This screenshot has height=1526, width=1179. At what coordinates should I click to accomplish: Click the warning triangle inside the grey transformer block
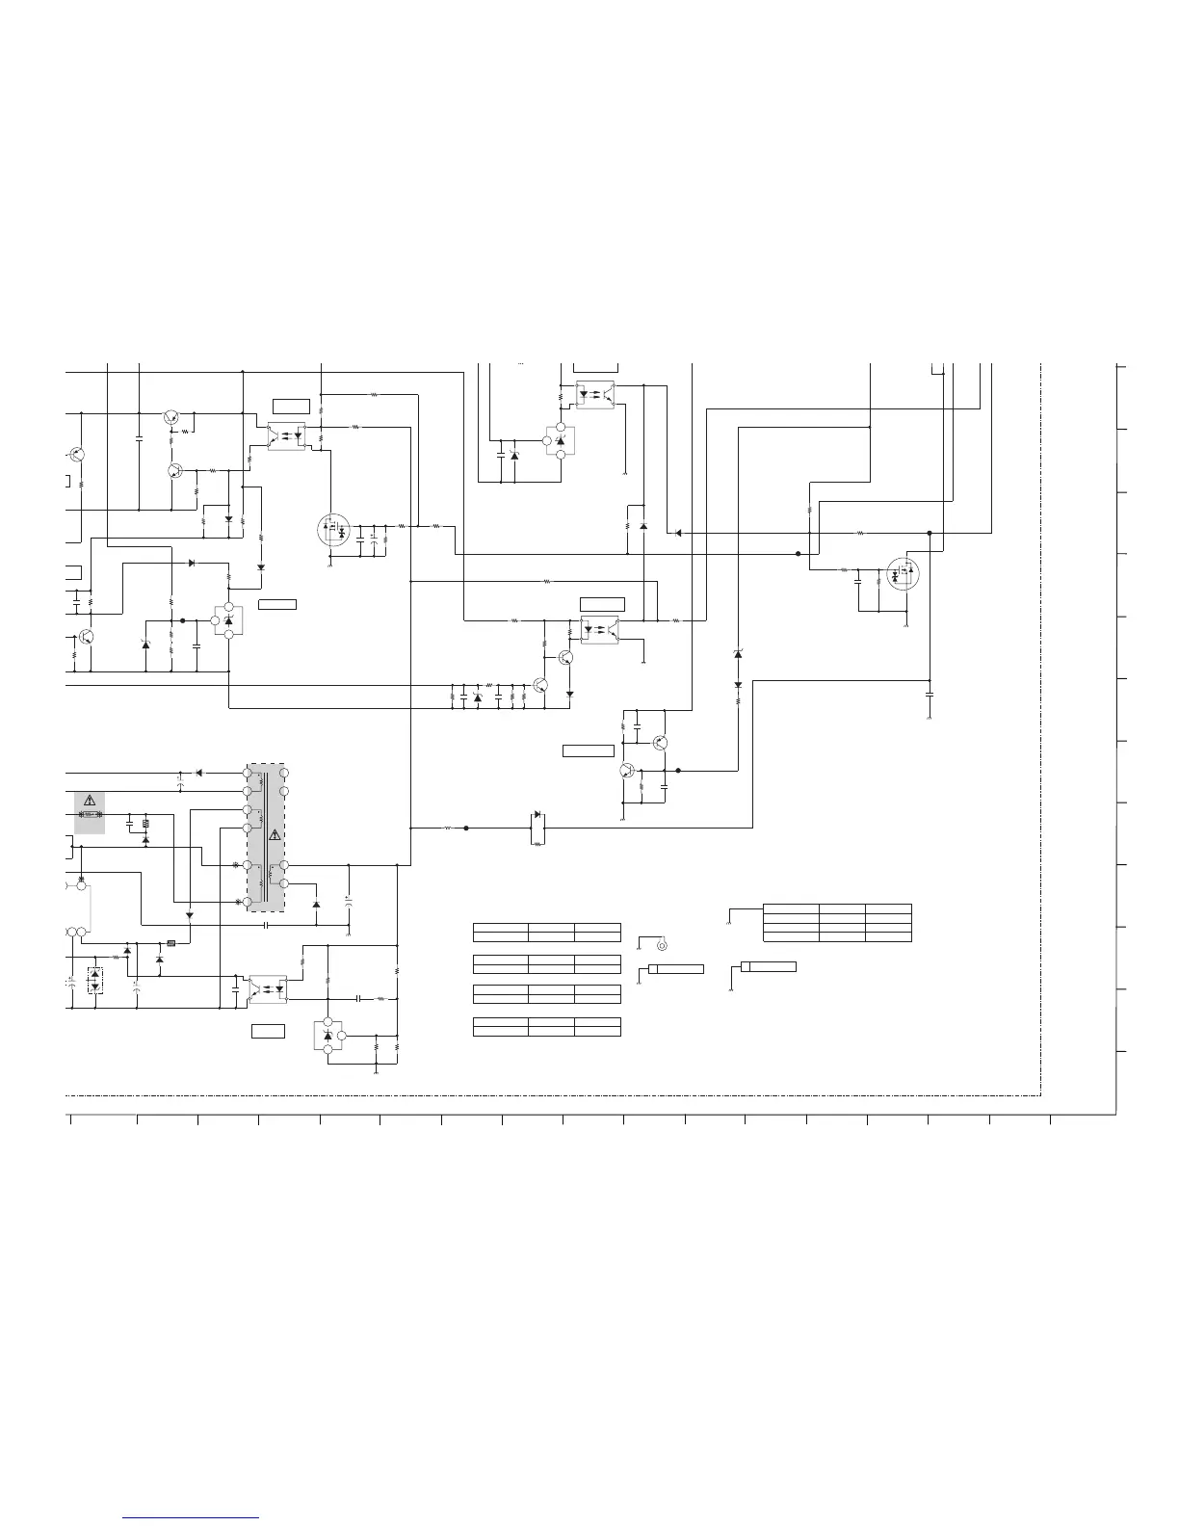(275, 834)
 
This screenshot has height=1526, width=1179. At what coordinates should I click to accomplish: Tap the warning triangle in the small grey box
(90, 800)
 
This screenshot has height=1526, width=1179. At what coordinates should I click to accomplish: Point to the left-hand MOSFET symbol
(334, 530)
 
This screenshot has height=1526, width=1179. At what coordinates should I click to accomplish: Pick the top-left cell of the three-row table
(791, 908)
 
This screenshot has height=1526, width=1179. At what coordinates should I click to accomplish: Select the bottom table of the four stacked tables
(547, 1026)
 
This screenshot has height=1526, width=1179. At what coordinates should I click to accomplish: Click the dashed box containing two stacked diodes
(94, 980)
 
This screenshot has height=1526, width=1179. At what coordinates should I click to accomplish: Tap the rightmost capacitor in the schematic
(930, 694)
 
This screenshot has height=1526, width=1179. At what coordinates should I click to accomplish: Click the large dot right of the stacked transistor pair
(678, 771)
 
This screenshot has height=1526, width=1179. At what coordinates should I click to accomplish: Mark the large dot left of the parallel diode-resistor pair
(466, 828)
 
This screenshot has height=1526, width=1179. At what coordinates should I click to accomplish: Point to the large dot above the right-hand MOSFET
(930, 533)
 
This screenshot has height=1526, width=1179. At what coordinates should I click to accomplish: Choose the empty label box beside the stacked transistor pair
(588, 750)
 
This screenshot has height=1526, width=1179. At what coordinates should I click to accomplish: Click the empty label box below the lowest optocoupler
(268, 1032)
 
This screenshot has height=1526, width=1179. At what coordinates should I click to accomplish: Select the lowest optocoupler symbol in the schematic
(268, 987)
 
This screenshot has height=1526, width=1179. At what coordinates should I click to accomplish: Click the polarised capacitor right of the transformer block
(348, 903)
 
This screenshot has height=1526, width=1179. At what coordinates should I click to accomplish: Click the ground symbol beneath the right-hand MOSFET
(906, 625)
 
